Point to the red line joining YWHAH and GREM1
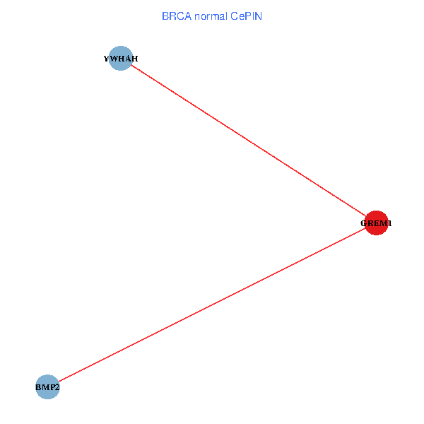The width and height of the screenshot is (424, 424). click(248, 141)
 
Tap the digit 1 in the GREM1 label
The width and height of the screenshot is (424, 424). click(389, 223)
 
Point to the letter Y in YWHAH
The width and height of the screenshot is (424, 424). click(107, 59)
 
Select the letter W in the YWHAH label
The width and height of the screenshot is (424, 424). click(114, 59)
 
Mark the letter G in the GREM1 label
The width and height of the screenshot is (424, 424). click(364, 223)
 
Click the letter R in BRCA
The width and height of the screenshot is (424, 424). click(172, 16)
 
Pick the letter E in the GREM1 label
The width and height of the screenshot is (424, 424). click(376, 223)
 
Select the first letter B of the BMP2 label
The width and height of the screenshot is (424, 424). click(38, 387)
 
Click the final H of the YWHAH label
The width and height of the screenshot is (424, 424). click(134, 59)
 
